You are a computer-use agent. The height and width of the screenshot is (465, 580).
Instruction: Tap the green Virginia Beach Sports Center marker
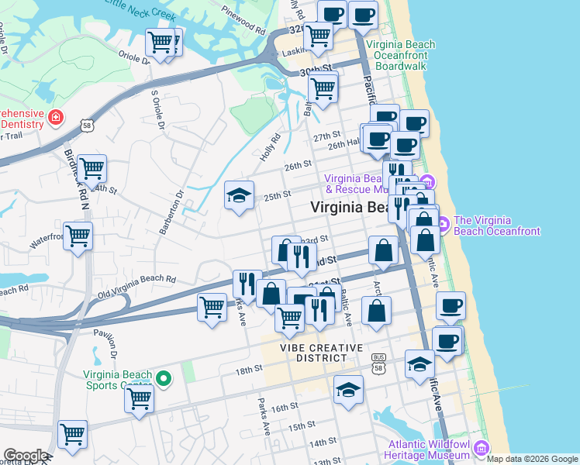coord(163,379)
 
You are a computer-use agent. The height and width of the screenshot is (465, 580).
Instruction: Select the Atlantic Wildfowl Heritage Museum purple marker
coord(480,448)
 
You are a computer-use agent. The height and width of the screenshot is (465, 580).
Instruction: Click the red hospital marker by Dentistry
coord(56,117)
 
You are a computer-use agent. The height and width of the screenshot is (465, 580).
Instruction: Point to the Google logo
coord(25,456)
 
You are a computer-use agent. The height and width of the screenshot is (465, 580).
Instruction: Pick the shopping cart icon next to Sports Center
coord(140,398)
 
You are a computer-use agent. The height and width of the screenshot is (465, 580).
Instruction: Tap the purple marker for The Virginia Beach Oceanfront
coord(443,226)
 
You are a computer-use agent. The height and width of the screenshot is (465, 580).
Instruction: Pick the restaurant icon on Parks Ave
coord(247,283)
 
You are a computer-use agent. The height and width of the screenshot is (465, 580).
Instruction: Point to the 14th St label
coord(320,443)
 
